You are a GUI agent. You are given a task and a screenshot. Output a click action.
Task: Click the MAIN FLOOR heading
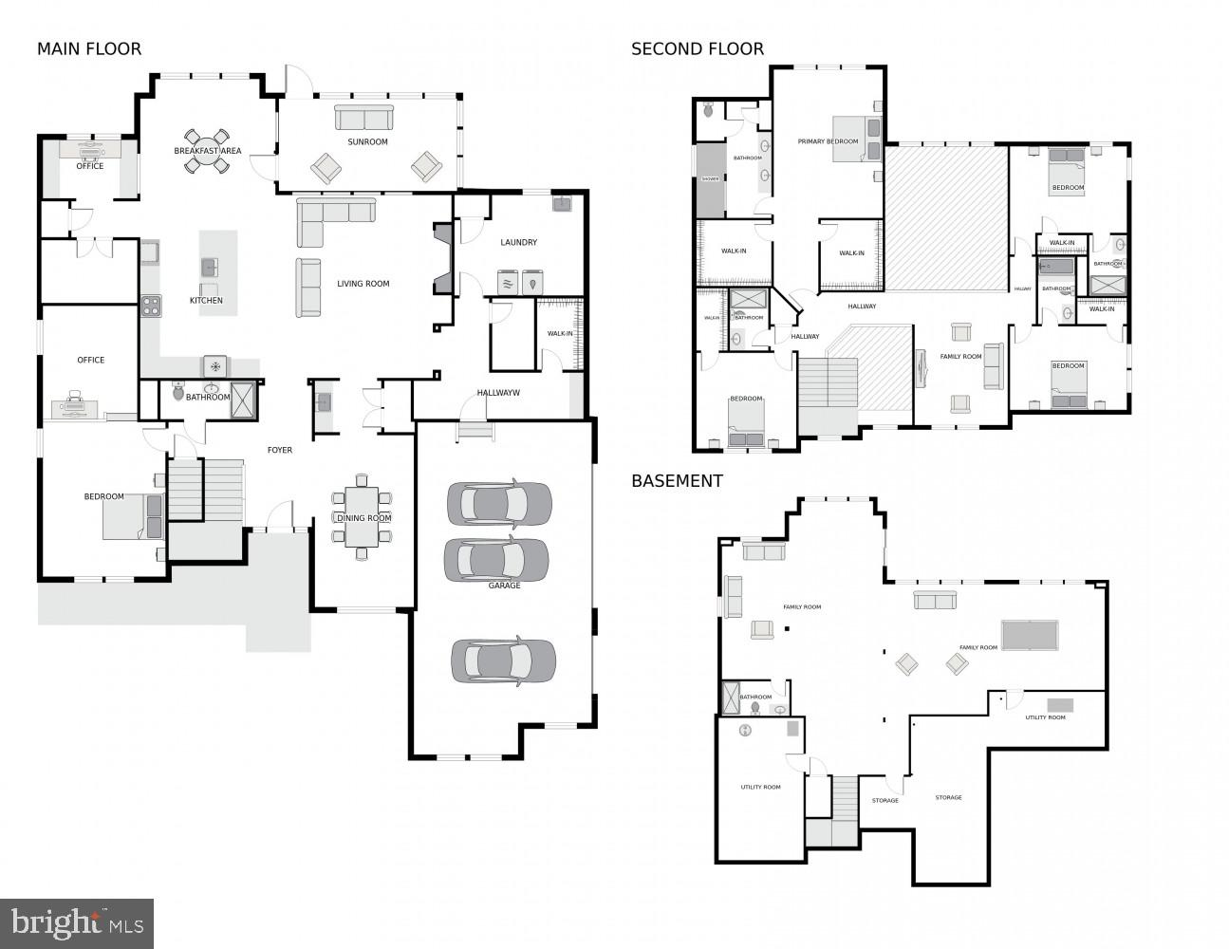(x=88, y=49)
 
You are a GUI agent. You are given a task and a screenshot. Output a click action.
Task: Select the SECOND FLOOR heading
(x=697, y=49)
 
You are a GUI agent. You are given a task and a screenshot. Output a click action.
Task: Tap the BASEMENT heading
(x=677, y=481)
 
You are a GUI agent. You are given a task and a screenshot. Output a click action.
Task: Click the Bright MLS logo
(x=77, y=922)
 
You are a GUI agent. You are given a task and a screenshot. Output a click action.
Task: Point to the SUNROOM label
(x=367, y=142)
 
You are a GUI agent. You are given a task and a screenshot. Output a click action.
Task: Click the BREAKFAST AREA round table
(x=207, y=151)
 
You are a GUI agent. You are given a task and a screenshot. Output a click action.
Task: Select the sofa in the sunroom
(x=363, y=118)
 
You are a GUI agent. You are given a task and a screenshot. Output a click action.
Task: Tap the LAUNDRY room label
(x=519, y=243)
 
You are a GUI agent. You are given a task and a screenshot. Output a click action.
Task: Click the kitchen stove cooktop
(x=151, y=306)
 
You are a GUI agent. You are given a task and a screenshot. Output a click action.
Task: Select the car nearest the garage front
(x=503, y=661)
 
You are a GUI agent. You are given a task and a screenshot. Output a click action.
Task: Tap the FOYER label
(x=279, y=450)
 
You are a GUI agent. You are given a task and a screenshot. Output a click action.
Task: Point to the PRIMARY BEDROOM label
(x=828, y=142)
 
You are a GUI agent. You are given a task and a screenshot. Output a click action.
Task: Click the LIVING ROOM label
(x=363, y=284)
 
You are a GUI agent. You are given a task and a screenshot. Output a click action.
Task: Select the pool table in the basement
(x=1030, y=635)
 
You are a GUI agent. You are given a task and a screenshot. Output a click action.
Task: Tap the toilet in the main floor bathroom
(x=178, y=391)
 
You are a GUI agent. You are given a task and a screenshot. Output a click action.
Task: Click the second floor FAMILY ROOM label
(x=960, y=357)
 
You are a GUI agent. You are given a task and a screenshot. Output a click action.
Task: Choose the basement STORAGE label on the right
(x=948, y=798)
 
